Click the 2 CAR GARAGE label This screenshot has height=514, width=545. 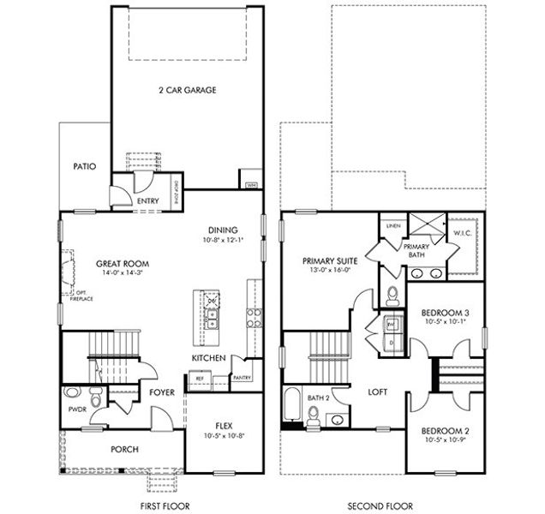(186, 90)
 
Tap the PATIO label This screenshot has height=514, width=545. (84, 166)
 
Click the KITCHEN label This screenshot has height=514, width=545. (209, 357)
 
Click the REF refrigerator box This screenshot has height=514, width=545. (199, 378)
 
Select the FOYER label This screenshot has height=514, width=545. (162, 392)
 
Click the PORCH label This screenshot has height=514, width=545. (125, 449)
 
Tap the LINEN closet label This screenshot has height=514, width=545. (393, 225)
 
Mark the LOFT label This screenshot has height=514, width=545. (378, 391)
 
